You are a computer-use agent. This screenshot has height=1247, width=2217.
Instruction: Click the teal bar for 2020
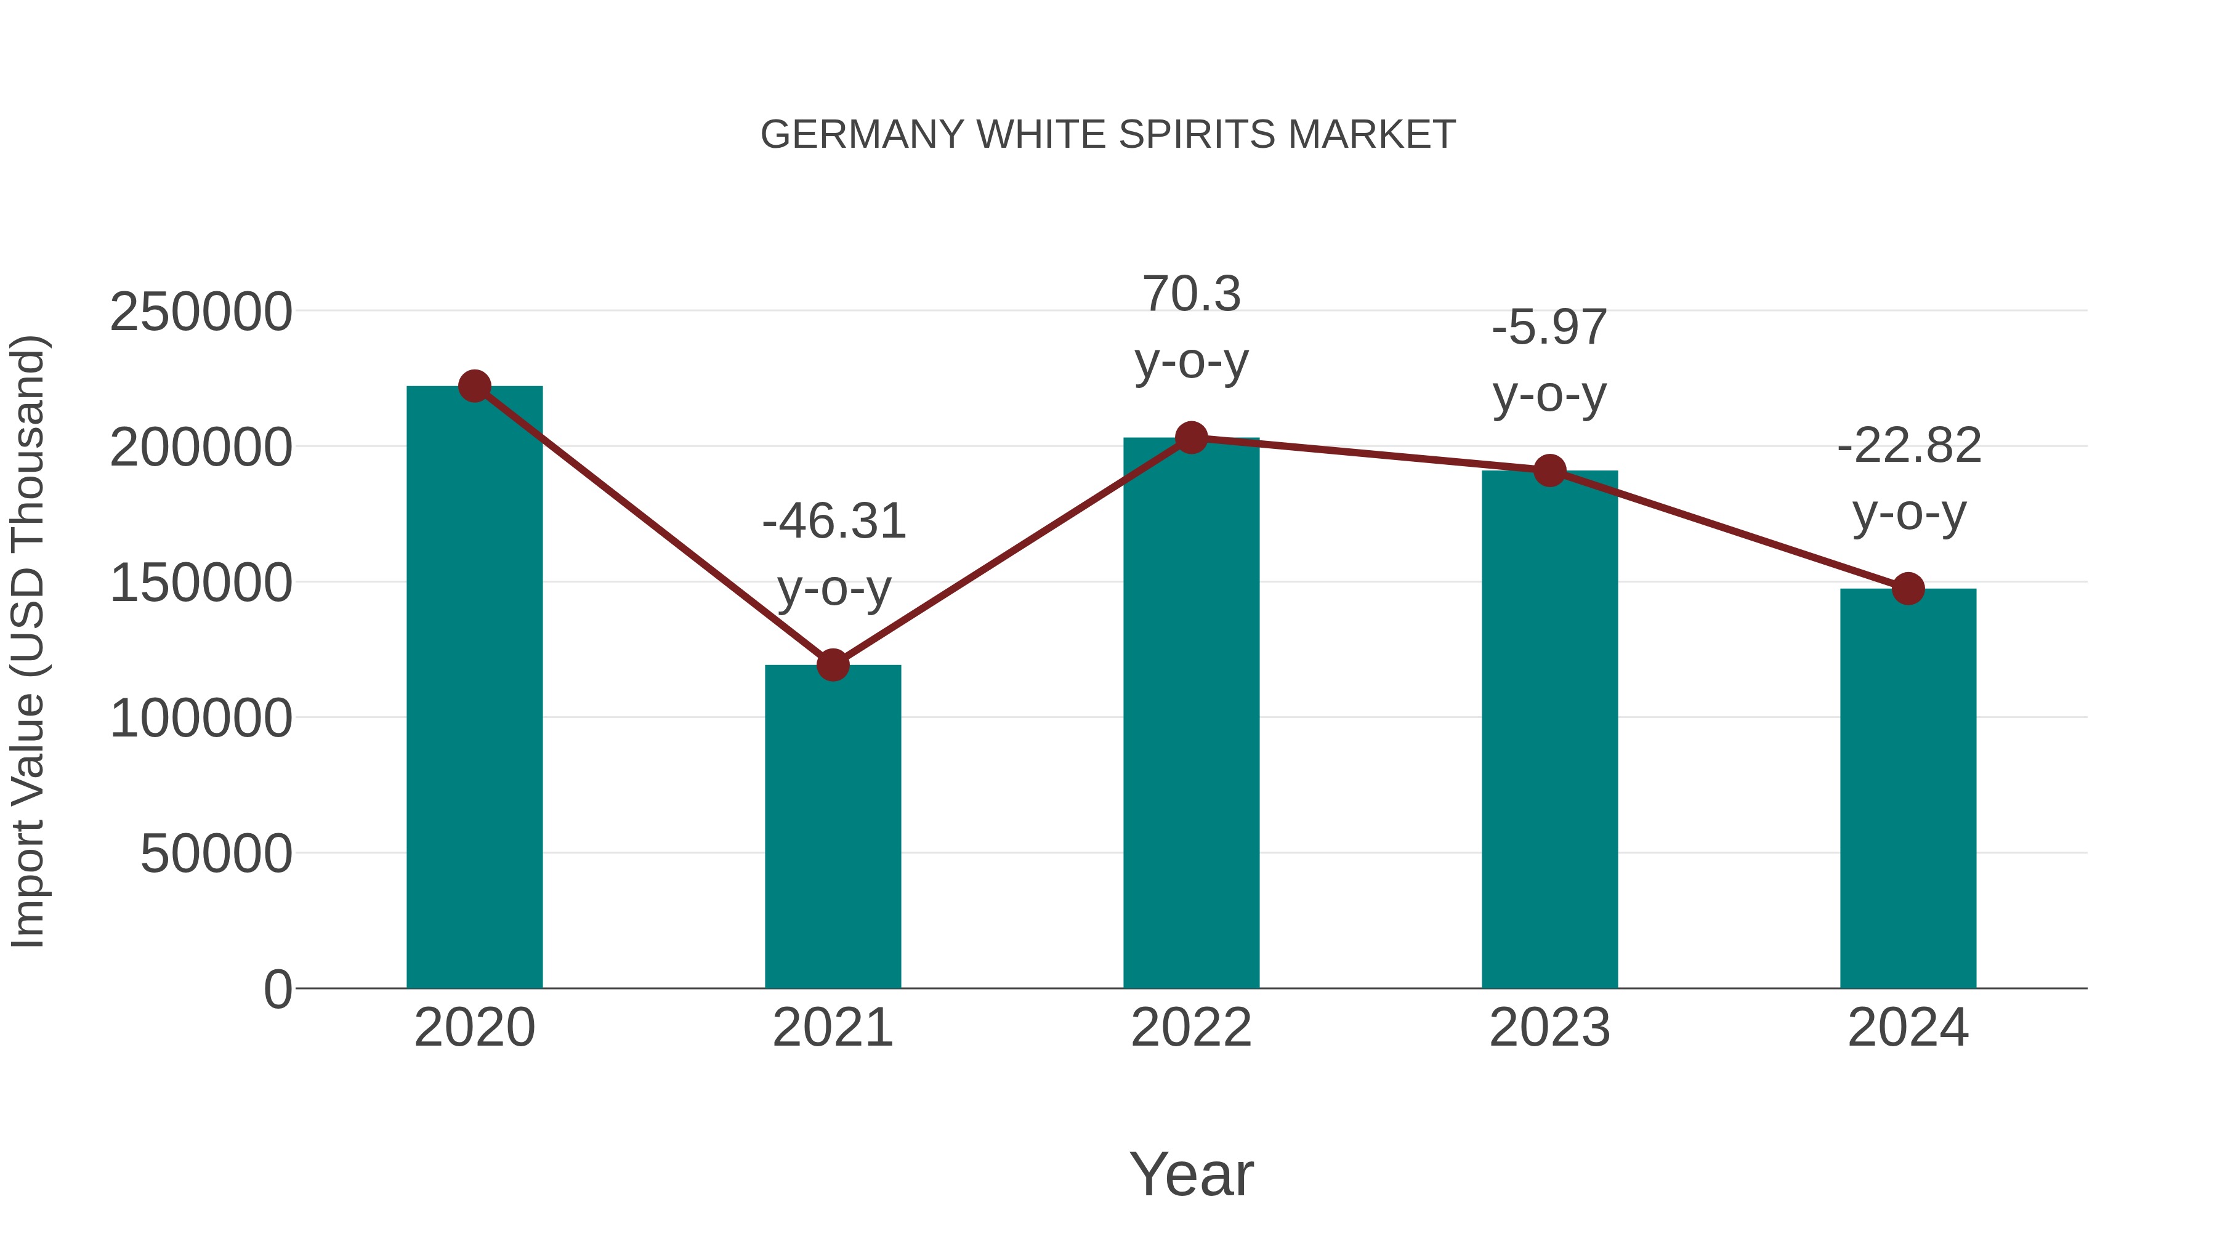474,688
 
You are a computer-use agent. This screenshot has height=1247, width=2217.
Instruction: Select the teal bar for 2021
832,826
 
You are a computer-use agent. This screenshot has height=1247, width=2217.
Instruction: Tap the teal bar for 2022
1191,714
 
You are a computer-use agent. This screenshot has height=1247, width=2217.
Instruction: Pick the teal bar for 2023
1549,732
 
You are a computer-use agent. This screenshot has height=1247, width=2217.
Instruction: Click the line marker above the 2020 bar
474,386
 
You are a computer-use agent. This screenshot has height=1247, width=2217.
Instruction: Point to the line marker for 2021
832,664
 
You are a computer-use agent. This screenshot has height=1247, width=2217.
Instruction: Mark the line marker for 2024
1908,589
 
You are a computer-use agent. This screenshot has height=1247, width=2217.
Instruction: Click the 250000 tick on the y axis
201,312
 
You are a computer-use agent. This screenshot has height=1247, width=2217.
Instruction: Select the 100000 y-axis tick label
201,719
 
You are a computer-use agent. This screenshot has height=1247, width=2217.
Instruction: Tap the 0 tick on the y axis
277,990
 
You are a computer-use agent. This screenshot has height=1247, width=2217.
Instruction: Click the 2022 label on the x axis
1191,1028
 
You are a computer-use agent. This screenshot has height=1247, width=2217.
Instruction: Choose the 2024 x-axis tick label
1908,1028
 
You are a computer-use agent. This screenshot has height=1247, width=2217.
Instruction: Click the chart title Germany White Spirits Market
1108,135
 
